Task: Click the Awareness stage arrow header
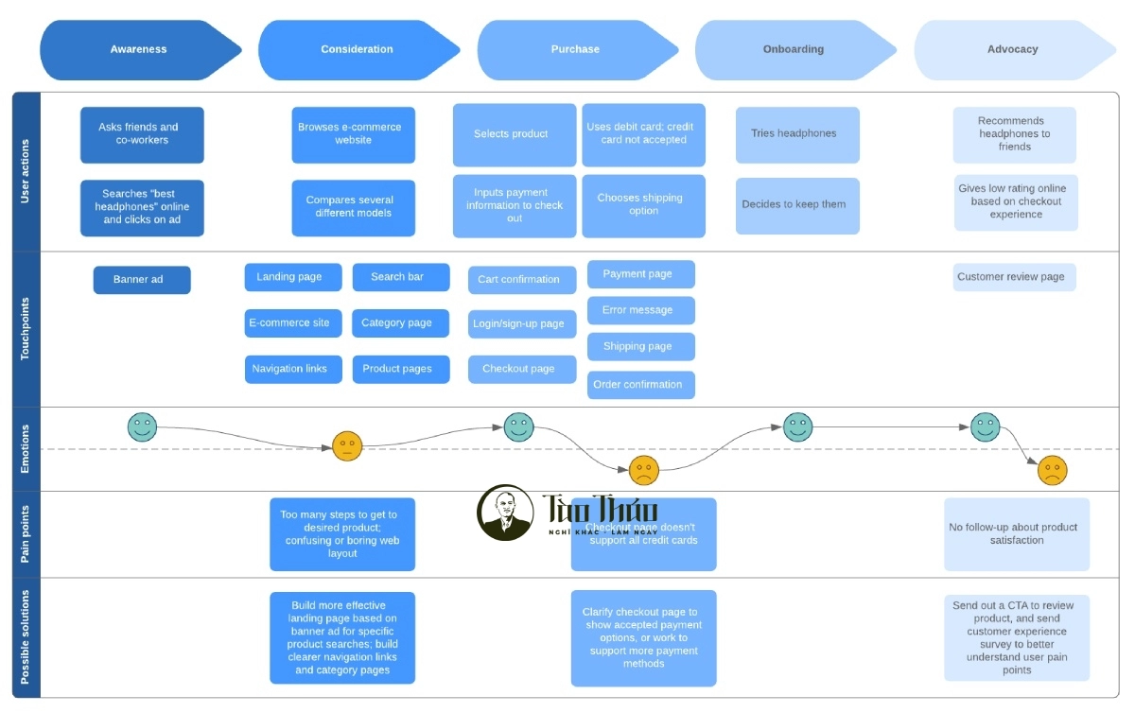(x=138, y=49)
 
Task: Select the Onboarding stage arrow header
(x=793, y=49)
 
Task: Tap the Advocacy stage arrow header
(x=1012, y=49)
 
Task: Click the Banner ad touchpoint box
(x=142, y=280)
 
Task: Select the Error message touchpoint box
(x=640, y=310)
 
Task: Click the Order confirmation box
(x=640, y=385)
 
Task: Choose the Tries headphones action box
(x=797, y=134)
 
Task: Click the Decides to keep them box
(x=797, y=205)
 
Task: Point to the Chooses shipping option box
(x=643, y=205)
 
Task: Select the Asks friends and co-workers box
(x=142, y=134)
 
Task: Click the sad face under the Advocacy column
(x=1052, y=470)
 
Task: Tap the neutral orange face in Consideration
(x=347, y=445)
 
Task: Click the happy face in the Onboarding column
(x=797, y=426)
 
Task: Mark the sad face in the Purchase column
(x=644, y=470)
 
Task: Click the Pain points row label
(x=26, y=534)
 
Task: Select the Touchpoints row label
(x=26, y=329)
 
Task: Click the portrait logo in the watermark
(x=504, y=513)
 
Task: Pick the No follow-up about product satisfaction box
(x=1016, y=534)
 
